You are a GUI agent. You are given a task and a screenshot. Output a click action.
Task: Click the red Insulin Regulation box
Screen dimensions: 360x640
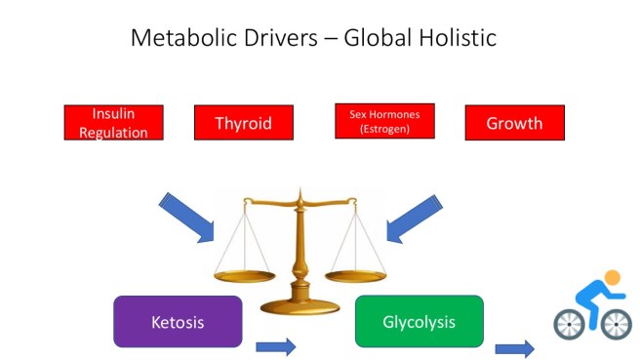pos(113,123)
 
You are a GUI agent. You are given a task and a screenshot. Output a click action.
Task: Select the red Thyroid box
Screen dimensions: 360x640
pos(244,123)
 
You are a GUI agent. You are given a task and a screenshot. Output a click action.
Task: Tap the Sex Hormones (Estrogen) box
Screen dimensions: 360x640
pos(383,122)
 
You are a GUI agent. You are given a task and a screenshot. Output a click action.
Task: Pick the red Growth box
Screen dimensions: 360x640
pos(514,123)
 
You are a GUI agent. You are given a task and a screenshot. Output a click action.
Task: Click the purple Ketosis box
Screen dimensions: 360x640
pos(177,321)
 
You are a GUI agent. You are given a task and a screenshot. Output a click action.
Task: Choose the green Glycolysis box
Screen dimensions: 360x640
pos(419,321)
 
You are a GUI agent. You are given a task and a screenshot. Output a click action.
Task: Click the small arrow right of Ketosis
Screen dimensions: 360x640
pos(275,346)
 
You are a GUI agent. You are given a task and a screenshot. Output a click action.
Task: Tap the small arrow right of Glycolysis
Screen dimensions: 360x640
pos(514,348)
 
